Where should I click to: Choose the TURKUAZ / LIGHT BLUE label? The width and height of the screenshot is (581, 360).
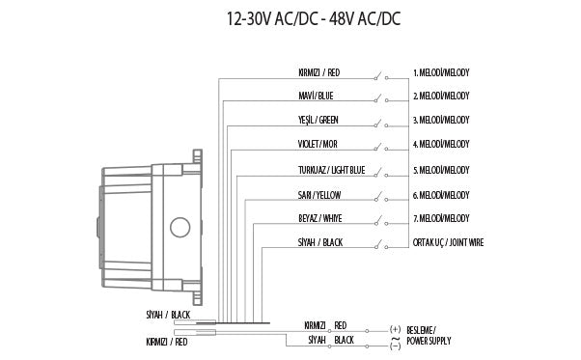click(x=331, y=170)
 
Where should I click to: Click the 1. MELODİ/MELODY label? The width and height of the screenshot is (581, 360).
click(x=441, y=72)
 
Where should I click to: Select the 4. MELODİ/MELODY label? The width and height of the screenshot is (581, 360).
click(x=441, y=145)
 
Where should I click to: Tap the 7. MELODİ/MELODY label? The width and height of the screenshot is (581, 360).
click(x=441, y=219)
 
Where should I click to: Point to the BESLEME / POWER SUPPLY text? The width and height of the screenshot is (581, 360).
click(x=429, y=335)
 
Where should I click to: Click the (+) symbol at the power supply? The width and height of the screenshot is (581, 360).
click(x=394, y=329)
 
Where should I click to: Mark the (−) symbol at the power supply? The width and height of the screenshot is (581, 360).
click(x=394, y=343)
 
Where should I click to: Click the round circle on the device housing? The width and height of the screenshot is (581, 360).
click(x=180, y=229)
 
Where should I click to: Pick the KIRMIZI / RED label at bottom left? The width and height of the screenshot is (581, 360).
click(x=166, y=341)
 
